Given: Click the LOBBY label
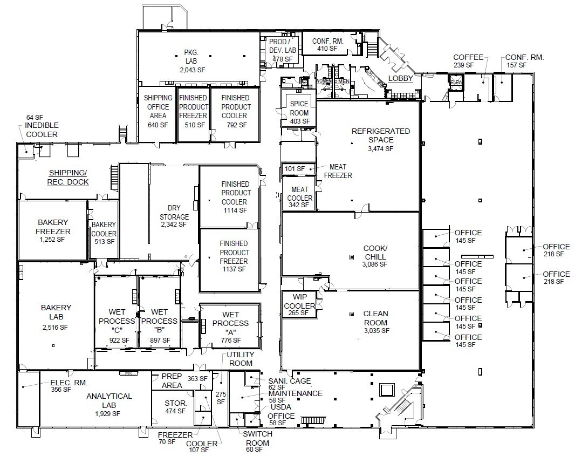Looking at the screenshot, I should pyautogui.click(x=400, y=79).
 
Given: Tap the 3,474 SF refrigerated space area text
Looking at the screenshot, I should pyautogui.click(x=381, y=148).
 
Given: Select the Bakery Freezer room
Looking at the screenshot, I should pyautogui.click(x=53, y=231).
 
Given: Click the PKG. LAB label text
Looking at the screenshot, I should pyautogui.click(x=192, y=61).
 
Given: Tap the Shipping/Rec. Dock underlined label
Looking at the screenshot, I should pyautogui.click(x=68, y=177).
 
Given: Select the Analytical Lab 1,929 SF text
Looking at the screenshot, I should pyautogui.click(x=109, y=405).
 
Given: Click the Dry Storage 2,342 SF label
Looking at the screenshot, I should pyautogui.click(x=174, y=215).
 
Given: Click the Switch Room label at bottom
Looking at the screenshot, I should pyautogui.click(x=257, y=438).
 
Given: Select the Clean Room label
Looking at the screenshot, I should pyautogui.click(x=375, y=318).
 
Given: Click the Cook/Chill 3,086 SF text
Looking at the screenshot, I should pyautogui.click(x=375, y=256).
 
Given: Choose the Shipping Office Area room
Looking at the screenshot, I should pyautogui.click(x=158, y=111).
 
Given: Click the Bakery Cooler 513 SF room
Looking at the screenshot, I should pyautogui.click(x=104, y=233).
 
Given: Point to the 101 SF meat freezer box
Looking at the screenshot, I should pyautogui.click(x=295, y=169).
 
